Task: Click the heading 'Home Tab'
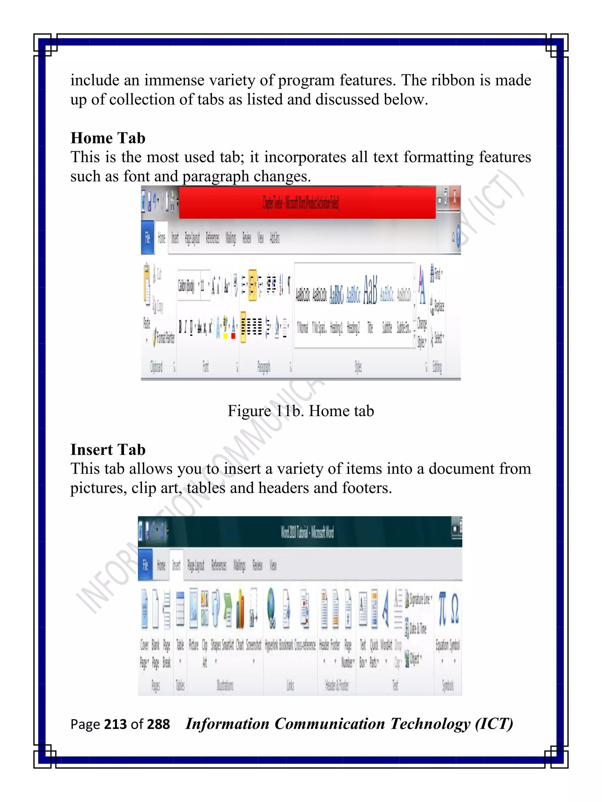[x=108, y=138]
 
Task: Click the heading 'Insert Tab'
[x=108, y=450]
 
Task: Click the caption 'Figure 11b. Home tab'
[x=300, y=411]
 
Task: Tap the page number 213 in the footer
[x=115, y=724]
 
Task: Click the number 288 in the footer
[x=158, y=724]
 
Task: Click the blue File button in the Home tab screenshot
[x=147, y=238]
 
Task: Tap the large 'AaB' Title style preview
[x=370, y=290]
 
